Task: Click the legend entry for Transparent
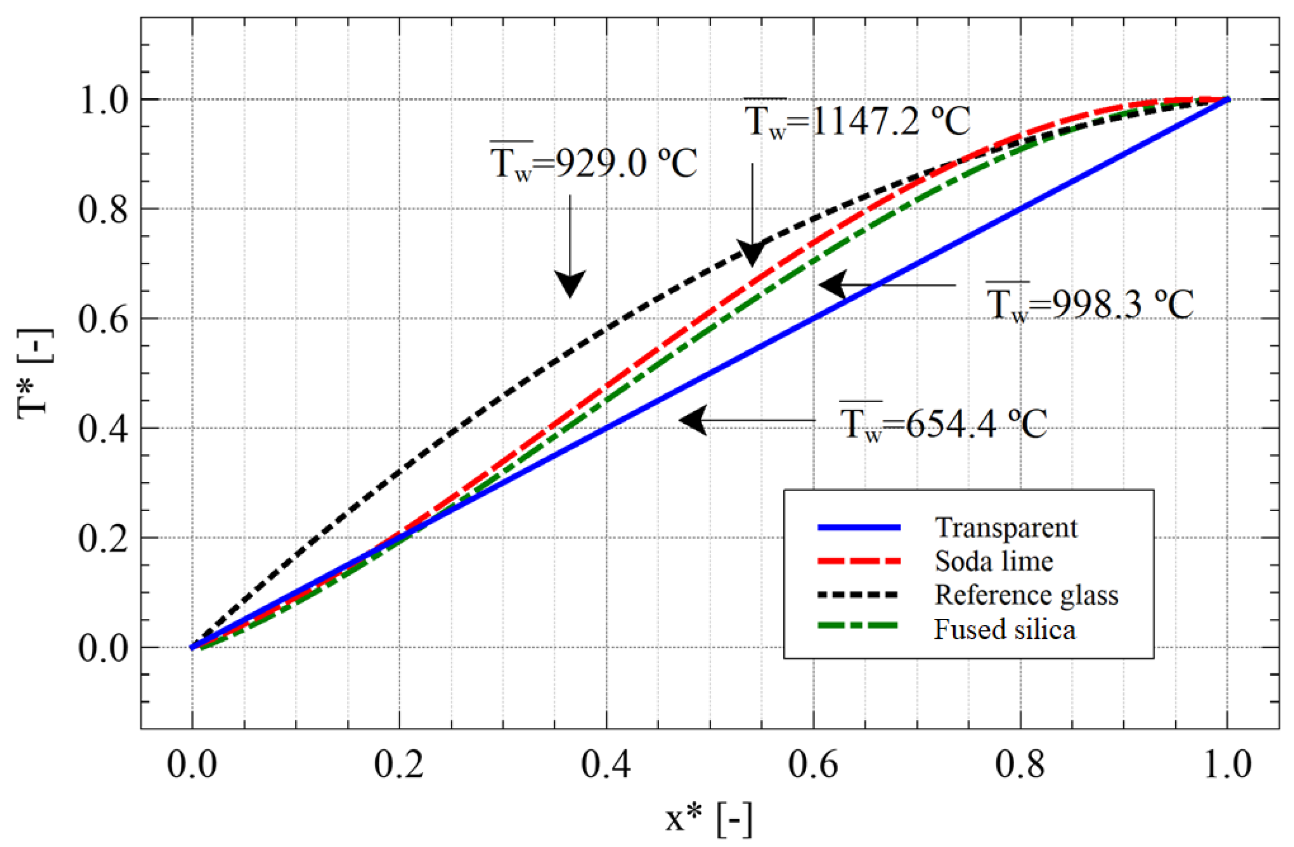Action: click(x=1005, y=528)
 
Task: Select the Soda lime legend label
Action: click(x=994, y=561)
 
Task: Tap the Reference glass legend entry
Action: click(x=1026, y=595)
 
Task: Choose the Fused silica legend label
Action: click(x=1005, y=629)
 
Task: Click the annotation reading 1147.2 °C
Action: click(x=857, y=121)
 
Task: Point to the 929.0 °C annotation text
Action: click(x=593, y=162)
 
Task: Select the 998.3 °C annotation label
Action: click(x=1089, y=305)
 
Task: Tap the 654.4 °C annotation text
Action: click(x=943, y=423)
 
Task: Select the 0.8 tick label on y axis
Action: click(x=103, y=209)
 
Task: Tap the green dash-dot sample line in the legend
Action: click(x=859, y=626)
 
